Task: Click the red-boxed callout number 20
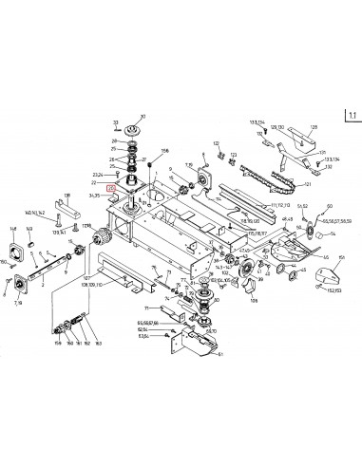(x=111, y=188)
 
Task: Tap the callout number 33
(x=115, y=122)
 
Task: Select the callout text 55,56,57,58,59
(x=334, y=219)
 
